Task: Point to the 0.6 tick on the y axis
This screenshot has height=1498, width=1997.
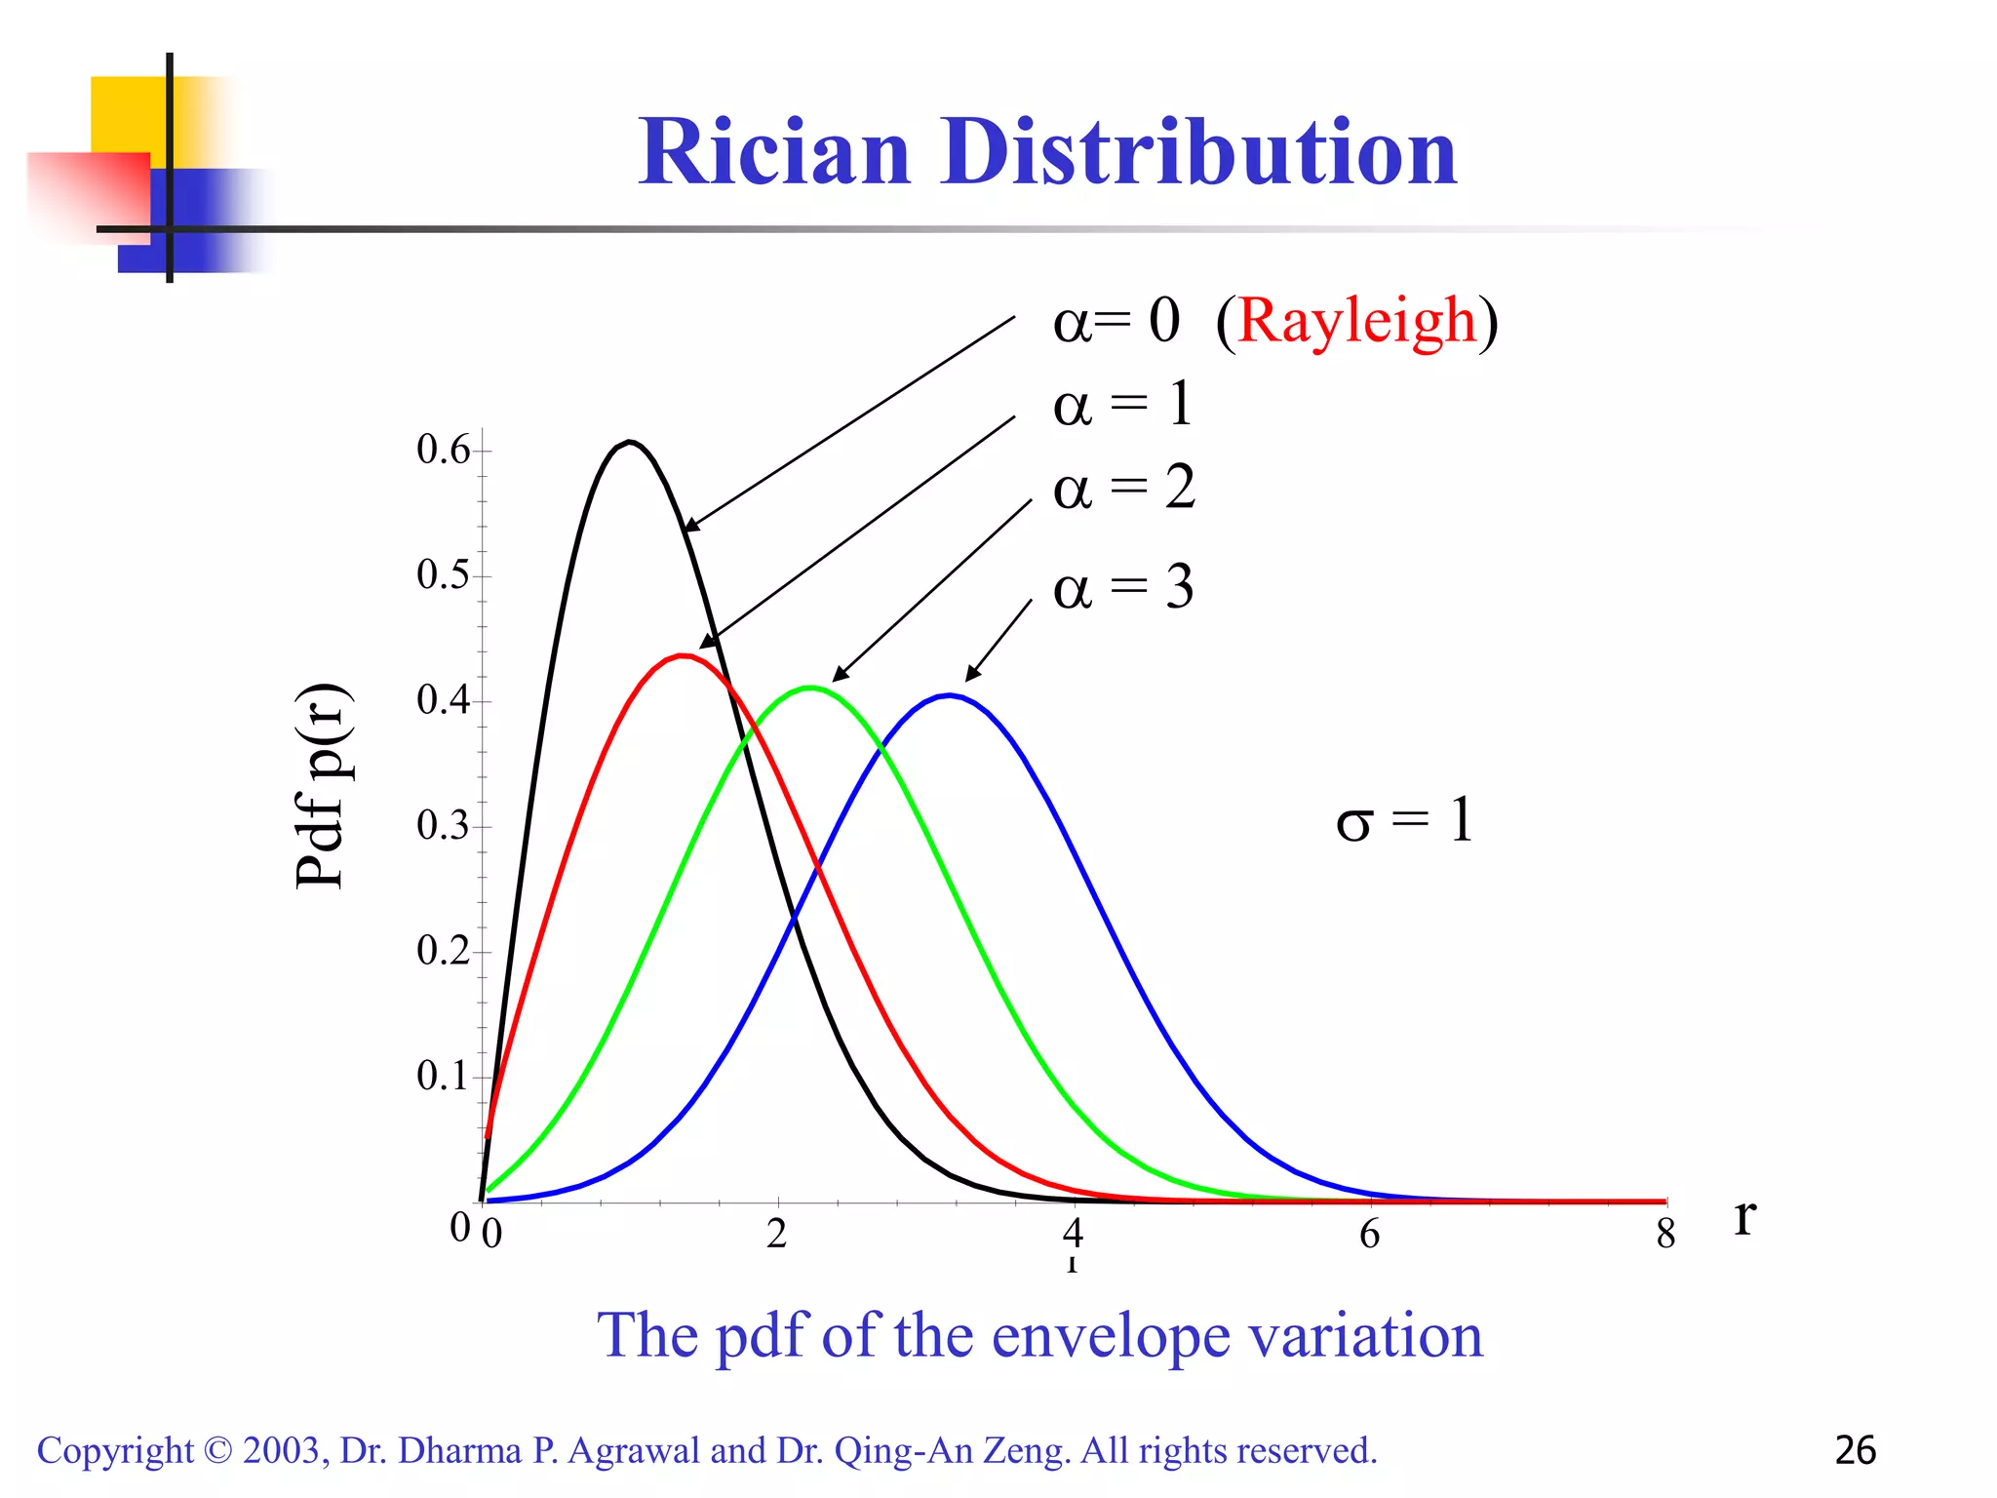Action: pos(443,450)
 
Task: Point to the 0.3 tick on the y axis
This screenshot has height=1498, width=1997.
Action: pos(443,826)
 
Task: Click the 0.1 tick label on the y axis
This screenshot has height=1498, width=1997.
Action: pos(443,1077)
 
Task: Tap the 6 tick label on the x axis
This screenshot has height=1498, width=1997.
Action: pos(1369,1235)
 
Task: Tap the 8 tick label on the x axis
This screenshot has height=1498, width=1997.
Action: pos(1665,1235)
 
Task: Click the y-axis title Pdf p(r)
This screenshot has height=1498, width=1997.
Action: pos(321,786)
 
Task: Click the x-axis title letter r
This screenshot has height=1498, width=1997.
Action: pos(1744,1217)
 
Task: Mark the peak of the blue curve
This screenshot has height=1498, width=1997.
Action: pos(950,695)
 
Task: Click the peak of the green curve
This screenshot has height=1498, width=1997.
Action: pos(810,688)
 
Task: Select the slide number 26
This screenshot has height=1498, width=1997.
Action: pos(1855,1450)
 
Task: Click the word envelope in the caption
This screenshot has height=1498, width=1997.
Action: pos(1111,1335)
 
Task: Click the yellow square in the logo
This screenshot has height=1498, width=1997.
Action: pos(127,113)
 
